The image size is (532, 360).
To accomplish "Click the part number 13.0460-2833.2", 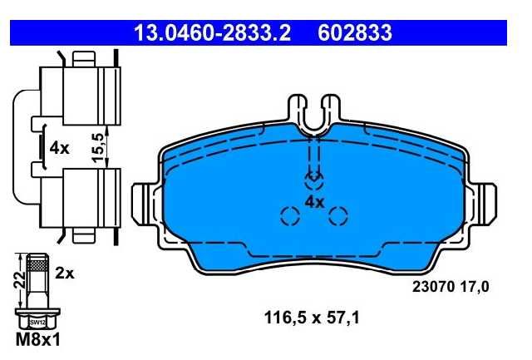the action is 213,33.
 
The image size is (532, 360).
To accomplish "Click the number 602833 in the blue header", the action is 355,33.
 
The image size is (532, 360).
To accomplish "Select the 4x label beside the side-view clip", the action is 59,148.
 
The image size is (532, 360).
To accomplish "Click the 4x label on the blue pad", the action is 314,203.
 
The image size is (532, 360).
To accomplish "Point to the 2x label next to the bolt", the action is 65,274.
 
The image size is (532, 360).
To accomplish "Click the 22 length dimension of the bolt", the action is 20,279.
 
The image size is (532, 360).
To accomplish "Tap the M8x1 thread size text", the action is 38,340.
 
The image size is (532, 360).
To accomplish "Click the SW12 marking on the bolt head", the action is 37,323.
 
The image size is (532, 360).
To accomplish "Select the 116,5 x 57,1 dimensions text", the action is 312,318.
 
